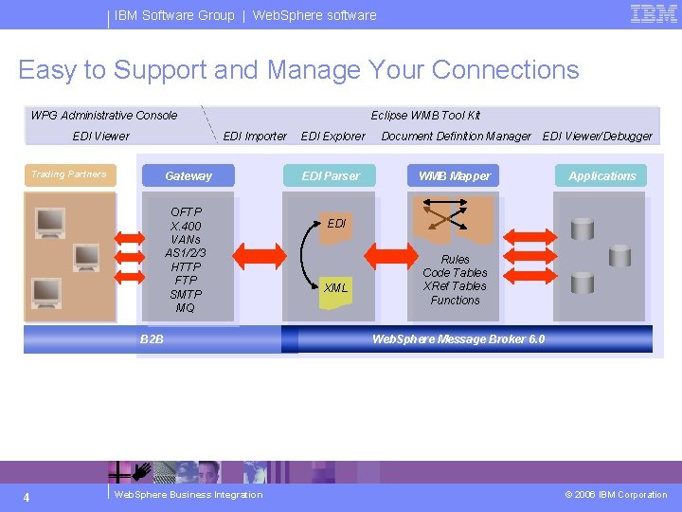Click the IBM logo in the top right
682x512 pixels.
654,13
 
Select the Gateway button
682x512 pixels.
188,175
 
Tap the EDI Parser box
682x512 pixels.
331,175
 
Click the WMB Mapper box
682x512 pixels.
455,175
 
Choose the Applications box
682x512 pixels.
602,175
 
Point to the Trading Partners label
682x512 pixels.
69,174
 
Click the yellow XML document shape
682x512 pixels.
335,288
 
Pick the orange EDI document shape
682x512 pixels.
335,225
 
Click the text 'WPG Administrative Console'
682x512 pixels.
104,116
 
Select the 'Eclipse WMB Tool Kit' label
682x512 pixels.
425,116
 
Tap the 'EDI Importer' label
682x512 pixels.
255,137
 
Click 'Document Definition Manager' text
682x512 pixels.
456,137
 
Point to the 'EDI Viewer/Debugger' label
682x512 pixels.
597,137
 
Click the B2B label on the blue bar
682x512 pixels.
152,338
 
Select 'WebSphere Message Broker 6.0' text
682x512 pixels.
458,338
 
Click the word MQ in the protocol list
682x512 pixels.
186,307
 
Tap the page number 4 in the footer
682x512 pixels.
27,497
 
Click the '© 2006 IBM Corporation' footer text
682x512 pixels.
616,495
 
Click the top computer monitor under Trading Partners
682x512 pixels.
50,222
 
